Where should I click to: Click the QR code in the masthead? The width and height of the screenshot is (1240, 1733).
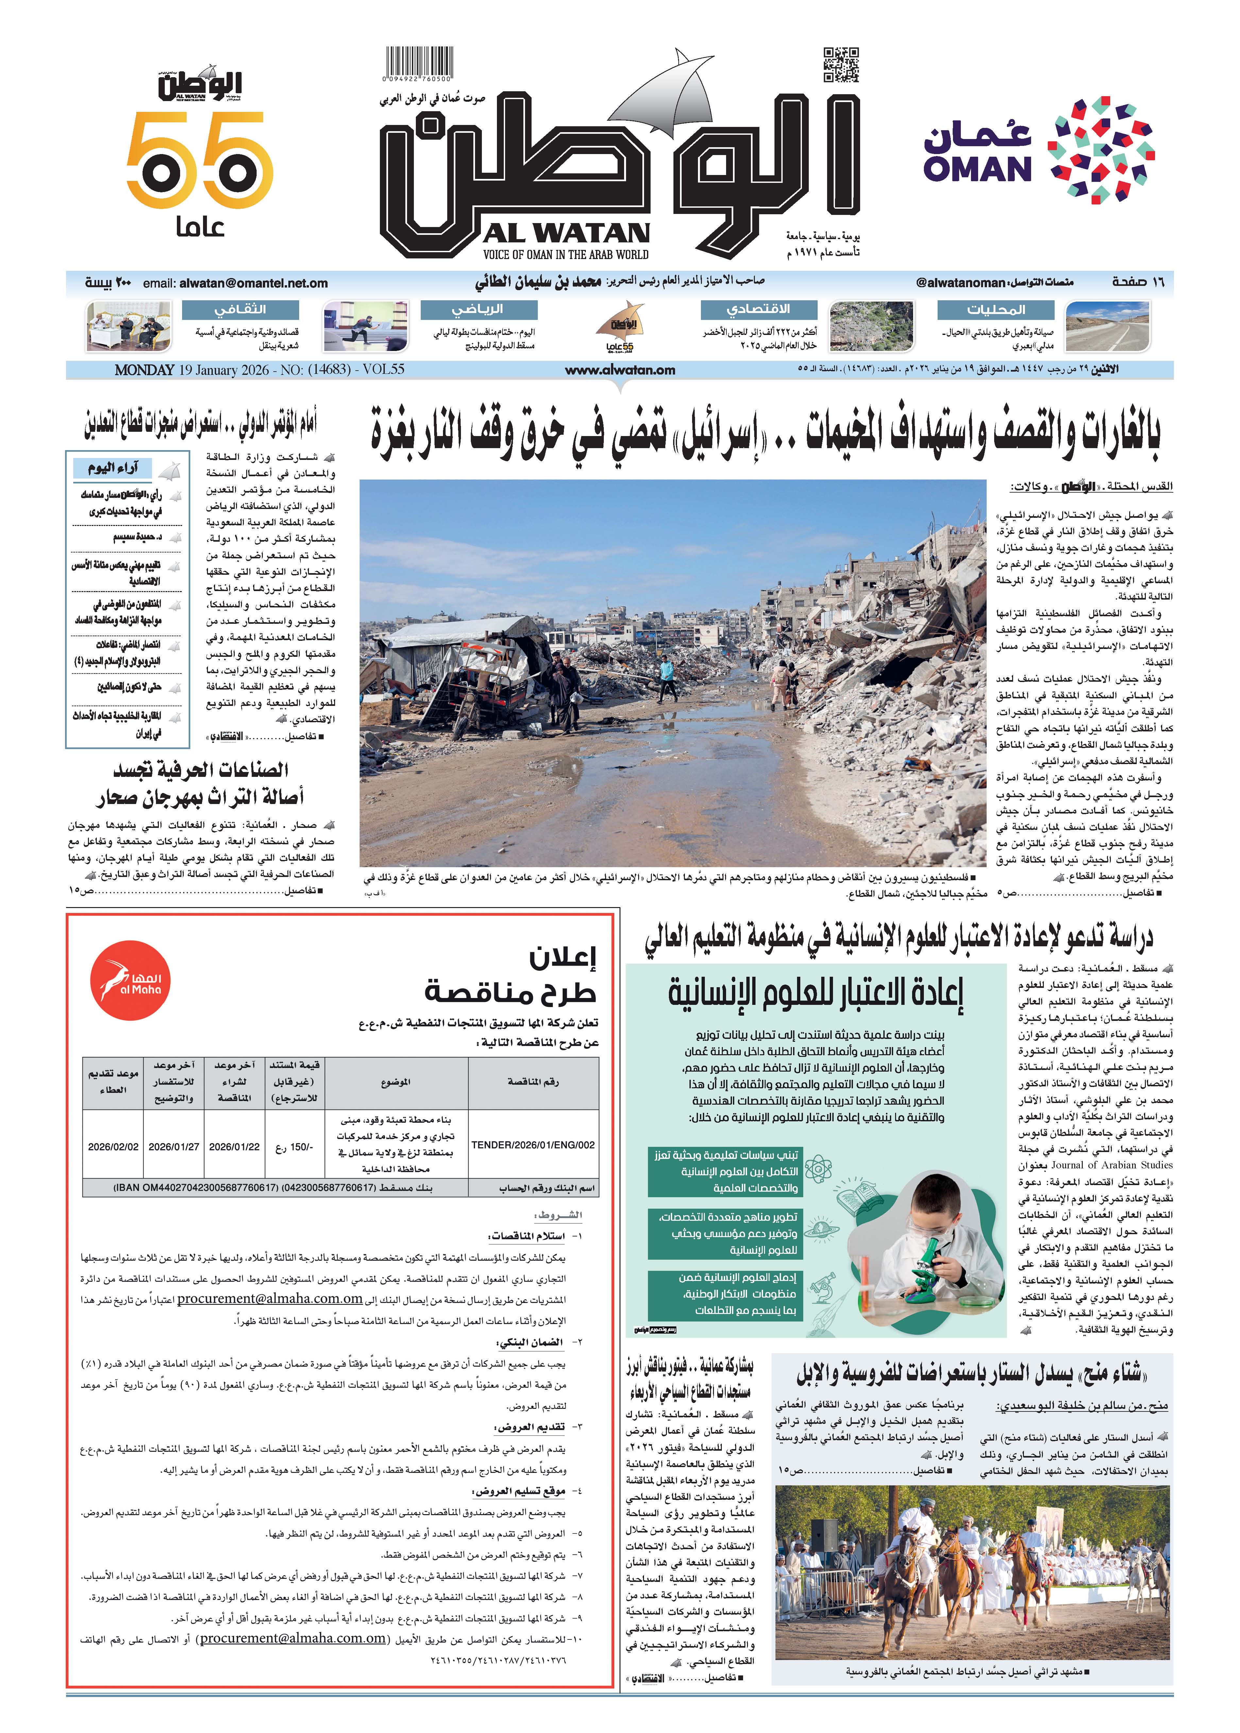click(x=841, y=64)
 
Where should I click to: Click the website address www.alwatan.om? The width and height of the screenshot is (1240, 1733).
click(x=620, y=370)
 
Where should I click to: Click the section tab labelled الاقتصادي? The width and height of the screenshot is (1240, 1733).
click(x=758, y=309)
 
